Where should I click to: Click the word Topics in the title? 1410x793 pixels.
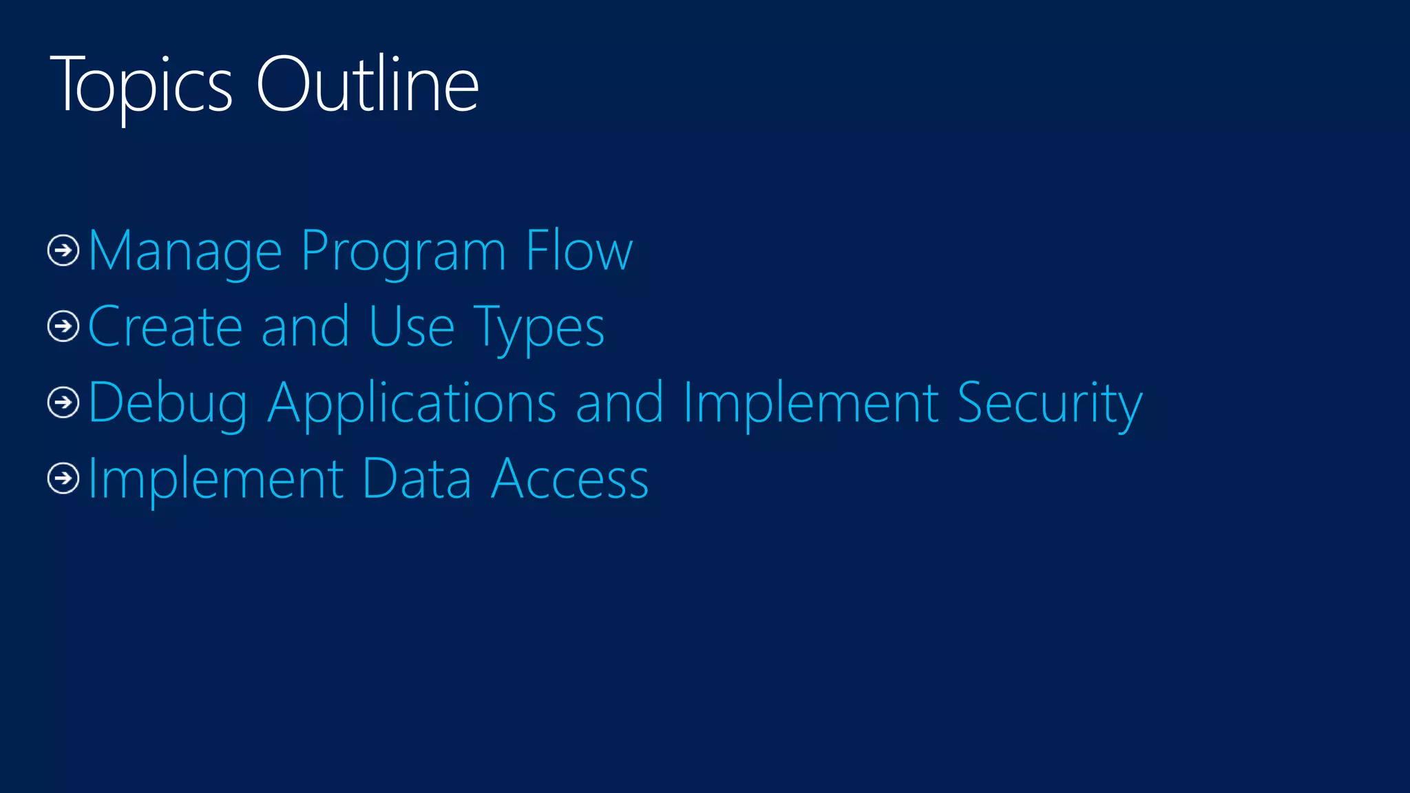(141, 86)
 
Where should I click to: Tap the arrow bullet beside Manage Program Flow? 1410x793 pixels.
(63, 250)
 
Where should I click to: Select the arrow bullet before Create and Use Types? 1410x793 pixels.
(63, 326)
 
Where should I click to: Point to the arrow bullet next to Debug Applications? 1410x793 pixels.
(63, 402)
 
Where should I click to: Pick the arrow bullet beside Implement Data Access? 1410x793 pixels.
(63, 478)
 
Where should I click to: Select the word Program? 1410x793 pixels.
(404, 252)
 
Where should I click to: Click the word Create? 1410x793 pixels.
(165, 327)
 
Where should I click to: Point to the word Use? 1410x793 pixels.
(411, 327)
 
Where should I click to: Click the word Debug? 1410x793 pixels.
(168, 403)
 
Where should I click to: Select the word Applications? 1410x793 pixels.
(412, 403)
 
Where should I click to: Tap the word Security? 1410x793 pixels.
(1049, 403)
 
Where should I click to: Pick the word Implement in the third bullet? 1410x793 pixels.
(811, 403)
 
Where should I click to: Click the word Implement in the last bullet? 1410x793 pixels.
(215, 479)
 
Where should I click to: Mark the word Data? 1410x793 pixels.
(417, 479)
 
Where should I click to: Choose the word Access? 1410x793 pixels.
(570, 479)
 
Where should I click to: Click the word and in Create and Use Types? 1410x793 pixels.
(305, 327)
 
